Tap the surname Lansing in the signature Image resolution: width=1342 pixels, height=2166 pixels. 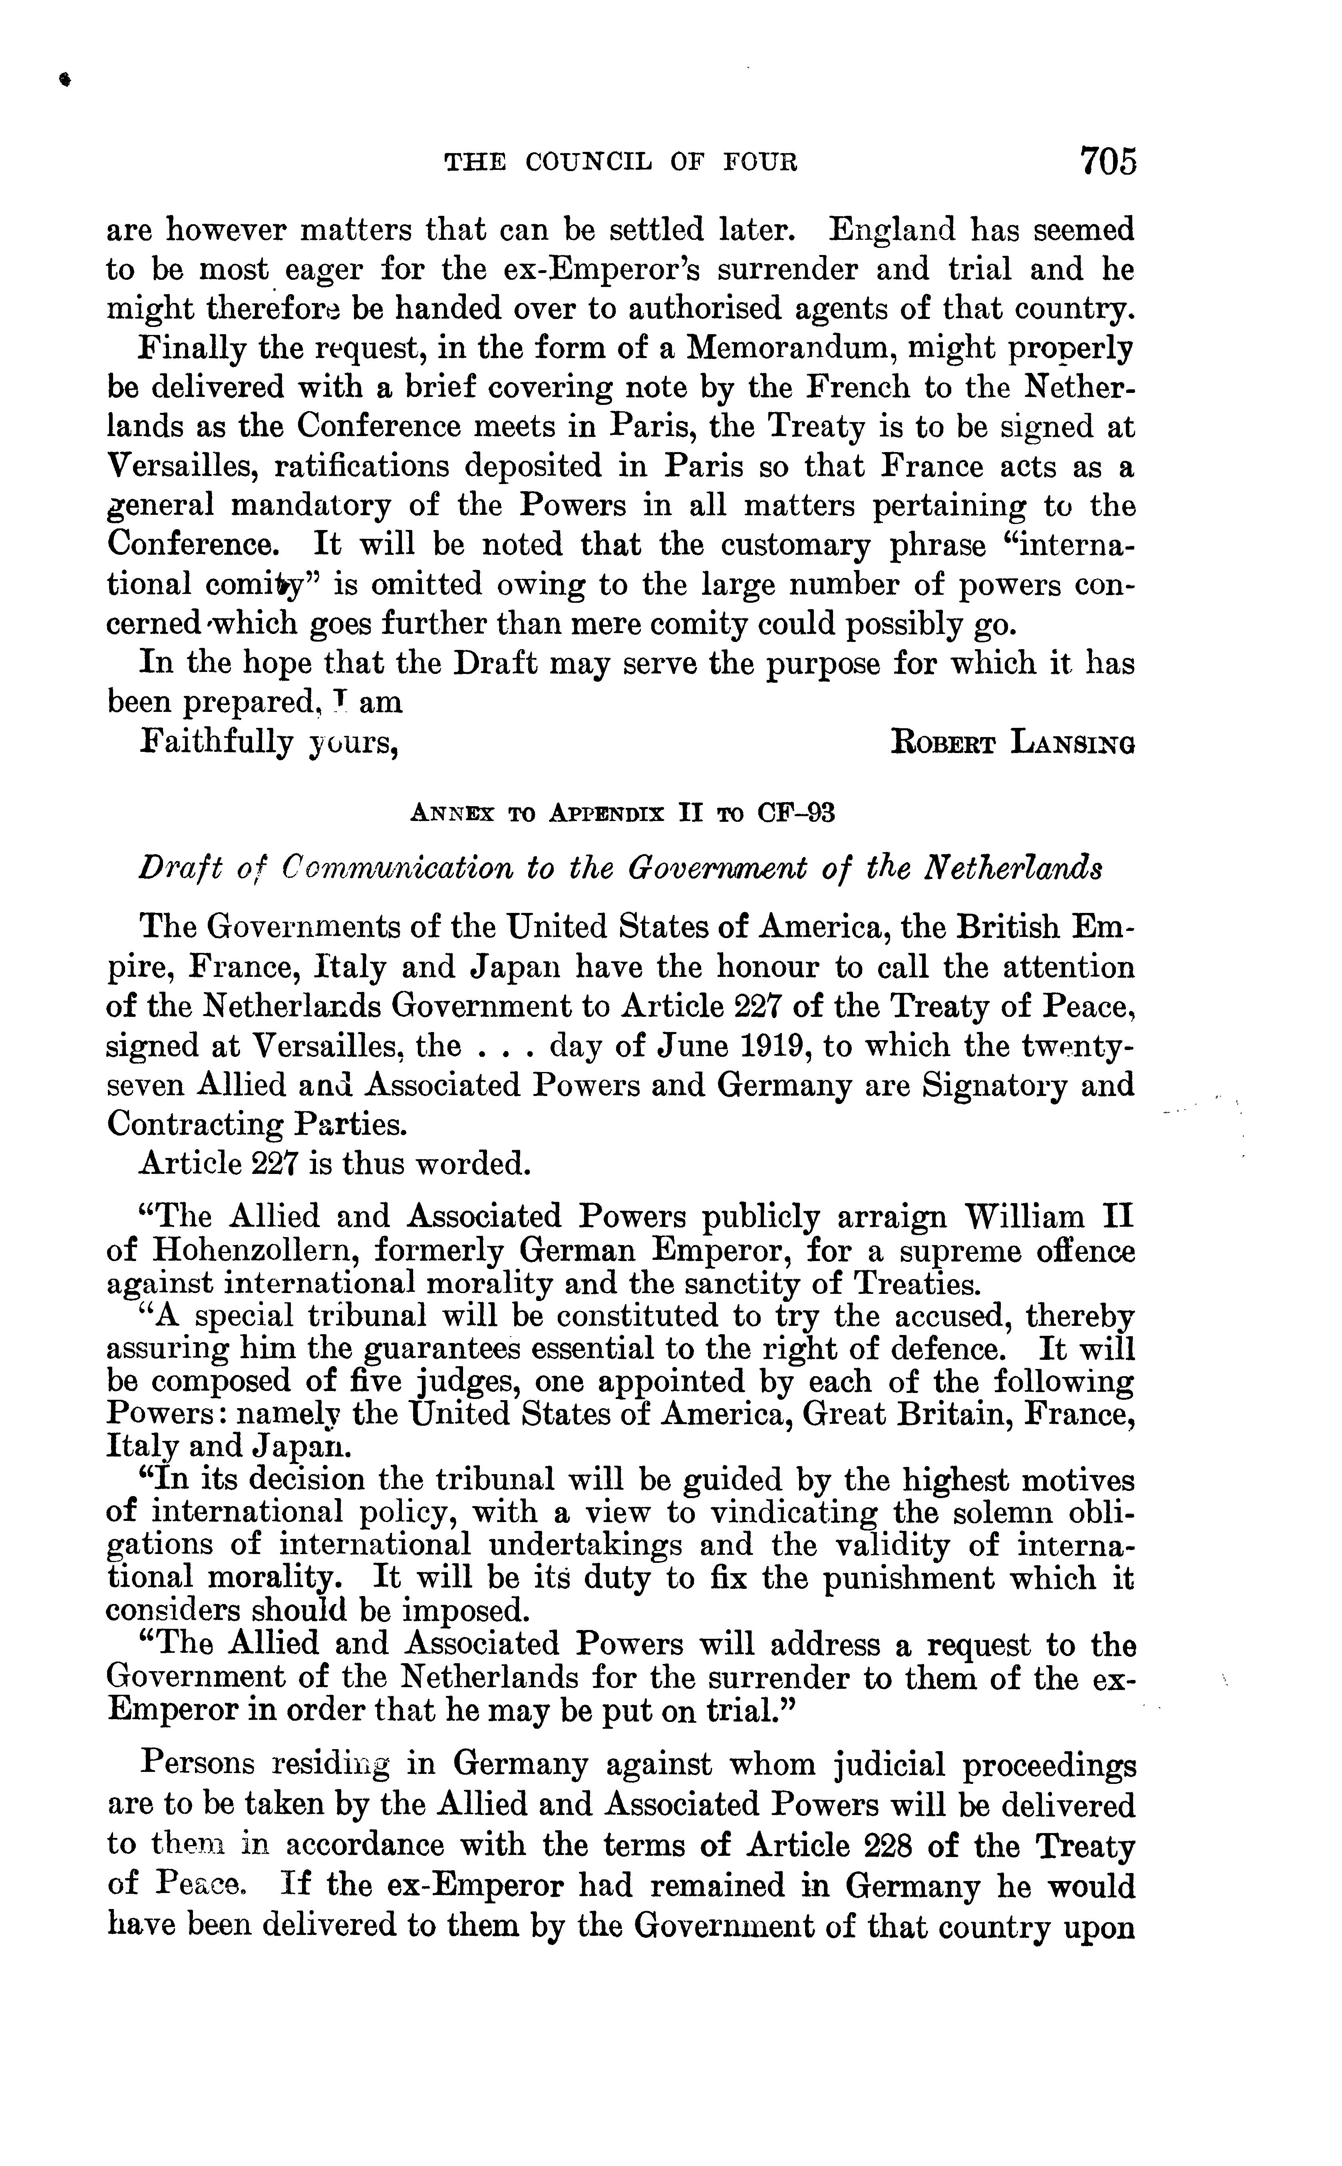(x=1072, y=742)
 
